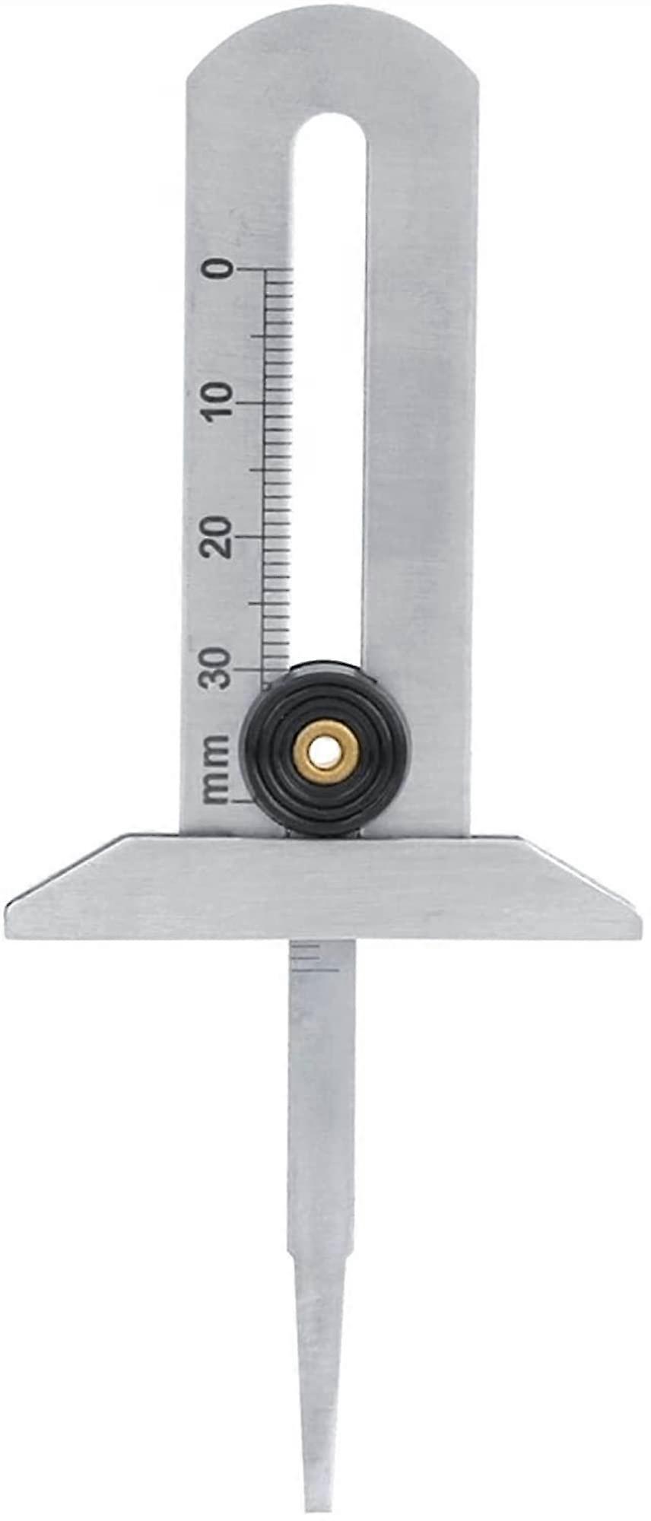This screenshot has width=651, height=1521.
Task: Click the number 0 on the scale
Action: tap(219, 269)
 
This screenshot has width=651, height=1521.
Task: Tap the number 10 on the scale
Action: tap(219, 400)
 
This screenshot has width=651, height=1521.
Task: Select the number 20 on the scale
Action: tap(219, 536)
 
